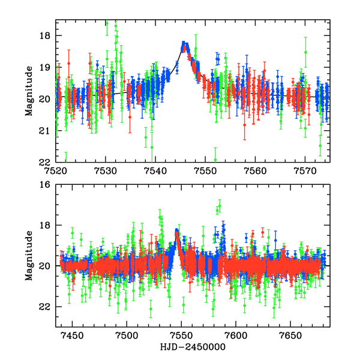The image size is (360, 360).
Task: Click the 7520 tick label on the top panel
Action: click(x=56, y=170)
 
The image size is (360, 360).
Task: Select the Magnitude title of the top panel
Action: click(x=28, y=91)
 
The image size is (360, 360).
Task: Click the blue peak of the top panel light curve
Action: click(x=185, y=46)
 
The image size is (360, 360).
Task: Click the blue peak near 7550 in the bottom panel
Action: click(x=176, y=232)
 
